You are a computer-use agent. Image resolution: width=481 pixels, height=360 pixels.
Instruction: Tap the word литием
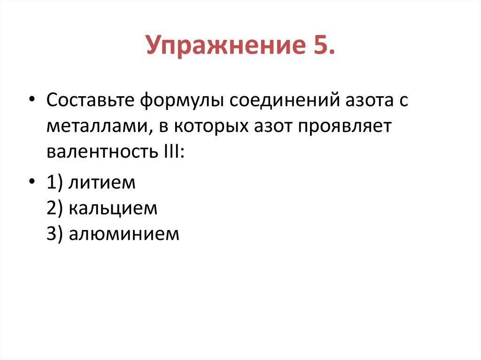102,183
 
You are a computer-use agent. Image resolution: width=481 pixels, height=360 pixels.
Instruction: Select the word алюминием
124,233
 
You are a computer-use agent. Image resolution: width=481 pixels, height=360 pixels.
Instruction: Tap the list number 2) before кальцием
55,208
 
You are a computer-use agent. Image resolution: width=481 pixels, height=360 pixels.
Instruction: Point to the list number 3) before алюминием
55,234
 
